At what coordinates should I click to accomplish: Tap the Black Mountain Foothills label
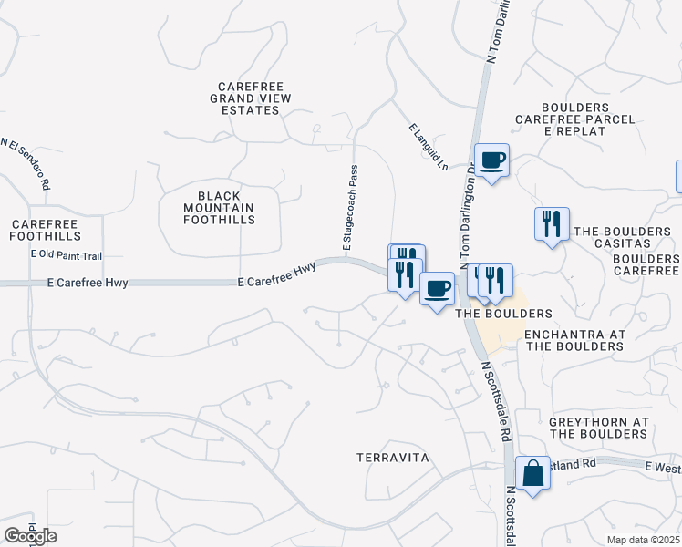(x=219, y=209)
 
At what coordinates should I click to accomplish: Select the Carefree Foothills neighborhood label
(x=46, y=230)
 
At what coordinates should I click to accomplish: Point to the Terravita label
(x=392, y=457)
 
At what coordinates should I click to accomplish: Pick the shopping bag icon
(x=532, y=473)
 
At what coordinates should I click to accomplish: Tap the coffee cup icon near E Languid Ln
(x=491, y=160)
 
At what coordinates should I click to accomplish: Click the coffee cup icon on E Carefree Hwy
(x=437, y=289)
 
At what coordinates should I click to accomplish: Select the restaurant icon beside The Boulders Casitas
(x=551, y=223)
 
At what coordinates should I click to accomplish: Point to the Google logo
(x=30, y=536)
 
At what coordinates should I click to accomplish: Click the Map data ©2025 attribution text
(x=643, y=540)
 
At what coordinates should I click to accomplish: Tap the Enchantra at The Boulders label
(x=574, y=340)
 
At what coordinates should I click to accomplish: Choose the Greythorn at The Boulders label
(x=599, y=428)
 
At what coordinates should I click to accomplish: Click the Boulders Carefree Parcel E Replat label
(x=574, y=119)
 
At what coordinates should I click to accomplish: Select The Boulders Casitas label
(x=625, y=237)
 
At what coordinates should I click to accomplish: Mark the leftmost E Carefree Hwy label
(x=88, y=284)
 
